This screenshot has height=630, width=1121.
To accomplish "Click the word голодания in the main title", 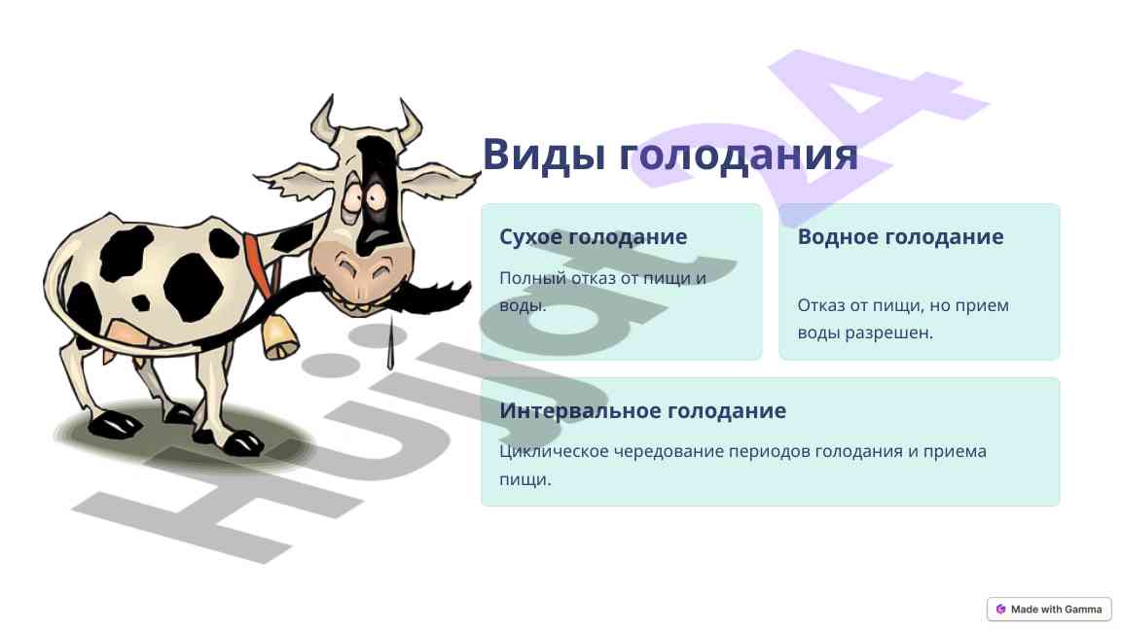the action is pyautogui.click(x=738, y=154).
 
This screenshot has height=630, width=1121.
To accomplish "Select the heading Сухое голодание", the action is pyautogui.click(x=594, y=236).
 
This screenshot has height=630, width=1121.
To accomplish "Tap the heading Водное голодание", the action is pyautogui.click(x=901, y=236).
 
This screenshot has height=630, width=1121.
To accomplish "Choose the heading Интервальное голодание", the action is pyautogui.click(x=642, y=410).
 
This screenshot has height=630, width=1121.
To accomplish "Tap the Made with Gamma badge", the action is pyautogui.click(x=1049, y=610).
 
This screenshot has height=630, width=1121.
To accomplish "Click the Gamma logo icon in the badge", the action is pyautogui.click(x=1001, y=610).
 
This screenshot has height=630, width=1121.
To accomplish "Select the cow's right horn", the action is pyautogui.click(x=410, y=122).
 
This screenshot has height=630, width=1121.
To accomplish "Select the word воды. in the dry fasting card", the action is pyautogui.click(x=523, y=305).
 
